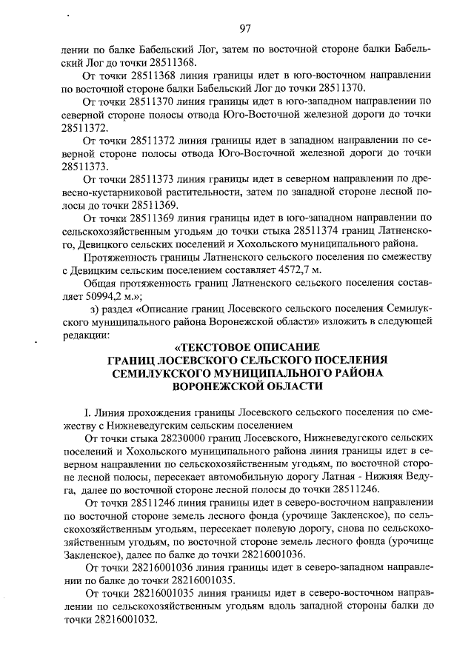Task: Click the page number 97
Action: click(245, 29)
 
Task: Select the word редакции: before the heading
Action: click(86, 335)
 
